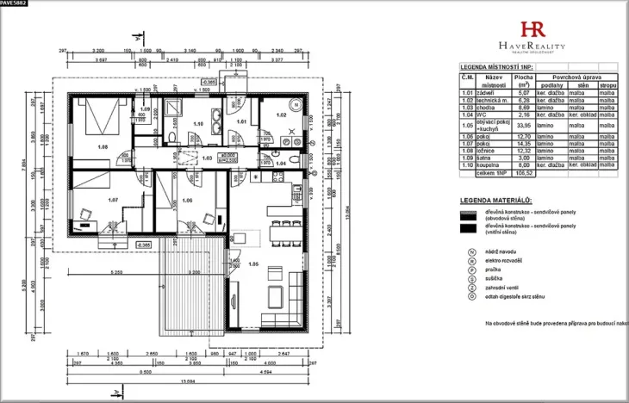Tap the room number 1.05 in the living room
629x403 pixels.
pyautogui.click(x=253, y=264)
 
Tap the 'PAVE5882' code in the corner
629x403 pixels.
pyautogui.click(x=15, y=4)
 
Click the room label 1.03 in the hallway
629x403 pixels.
pyautogui.click(x=206, y=158)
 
